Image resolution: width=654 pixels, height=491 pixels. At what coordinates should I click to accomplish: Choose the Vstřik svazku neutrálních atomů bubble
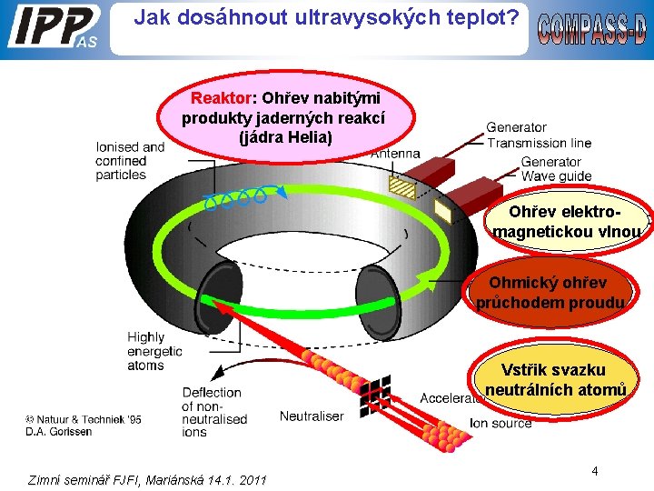coord(555,380)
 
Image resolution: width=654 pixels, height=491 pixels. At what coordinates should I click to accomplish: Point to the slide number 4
coord(594,471)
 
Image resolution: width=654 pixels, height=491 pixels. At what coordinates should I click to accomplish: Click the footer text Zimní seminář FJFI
coord(148,479)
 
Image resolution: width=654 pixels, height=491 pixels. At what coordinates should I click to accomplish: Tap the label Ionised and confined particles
coord(129,161)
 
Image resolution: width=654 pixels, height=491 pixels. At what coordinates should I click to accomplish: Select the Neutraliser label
coord(311,416)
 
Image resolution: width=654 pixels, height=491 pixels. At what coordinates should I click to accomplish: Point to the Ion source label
coord(500,423)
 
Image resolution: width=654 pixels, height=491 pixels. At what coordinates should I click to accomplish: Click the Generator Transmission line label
coord(538,135)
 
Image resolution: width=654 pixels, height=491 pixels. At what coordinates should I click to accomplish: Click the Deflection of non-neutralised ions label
coord(214,412)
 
